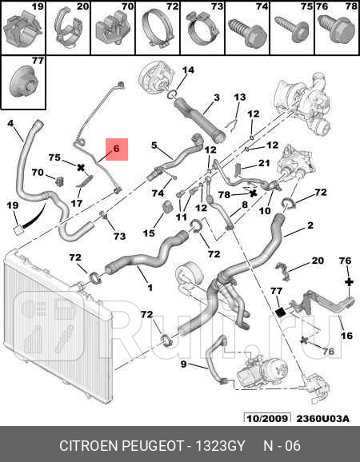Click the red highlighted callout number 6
tap(117, 149)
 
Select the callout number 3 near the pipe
tap(217, 97)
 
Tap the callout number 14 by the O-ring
tap(188, 70)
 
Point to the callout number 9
tap(183, 364)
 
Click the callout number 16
tap(346, 335)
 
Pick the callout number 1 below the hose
tap(150, 287)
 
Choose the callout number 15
tap(149, 233)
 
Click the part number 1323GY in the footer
tap(221, 446)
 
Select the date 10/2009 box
tap(267, 418)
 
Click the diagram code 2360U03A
tap(323, 418)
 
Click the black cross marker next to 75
tap(81, 168)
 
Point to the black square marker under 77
tap(279, 312)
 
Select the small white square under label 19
tap(18, 229)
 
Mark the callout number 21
tap(263, 162)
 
